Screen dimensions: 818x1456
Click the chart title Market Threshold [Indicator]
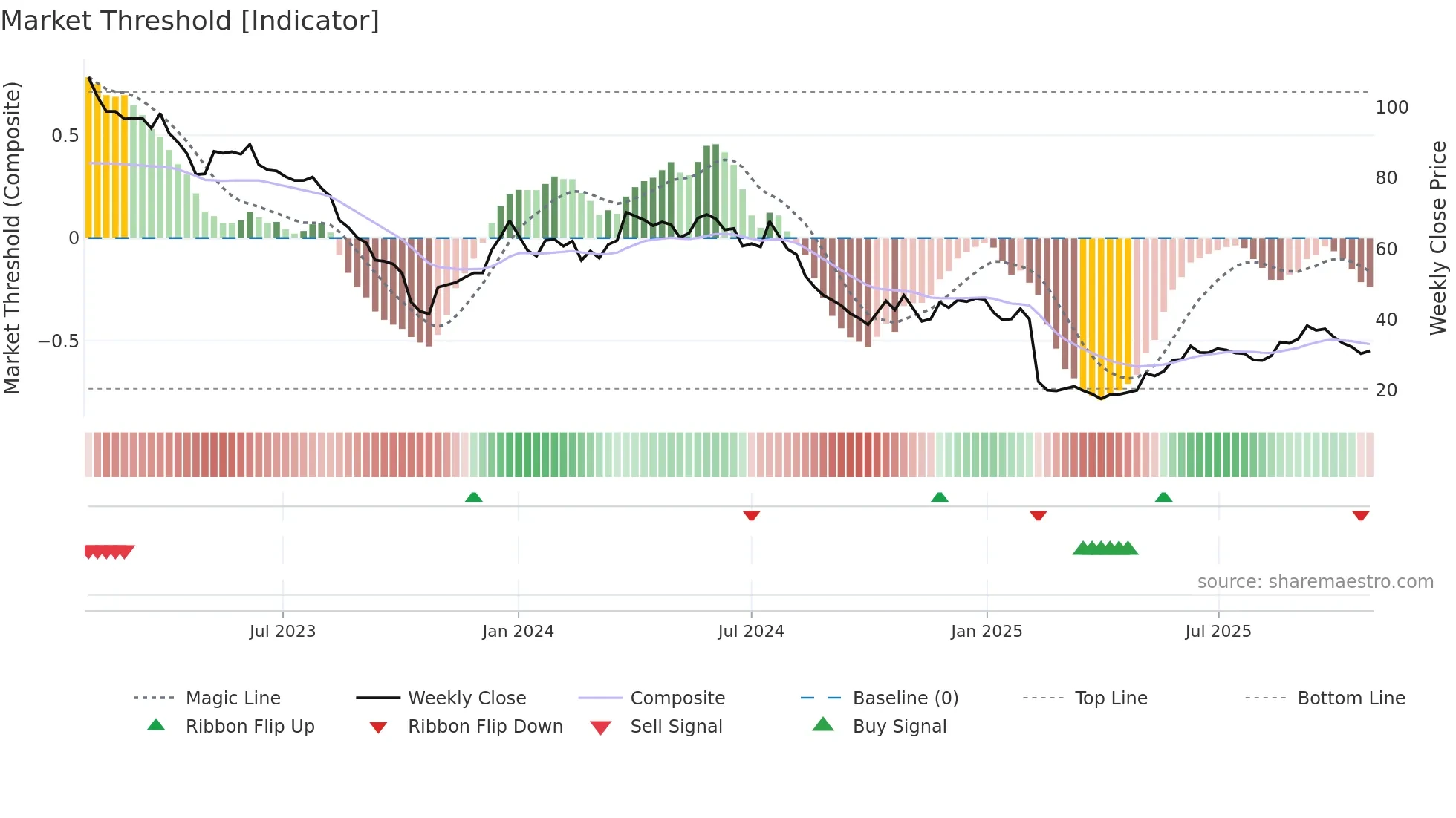point(190,21)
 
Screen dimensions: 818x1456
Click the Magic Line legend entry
point(233,698)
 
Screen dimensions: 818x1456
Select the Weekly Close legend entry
point(467,698)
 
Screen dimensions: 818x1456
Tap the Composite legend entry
point(677,698)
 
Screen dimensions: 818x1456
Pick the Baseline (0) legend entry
point(905,698)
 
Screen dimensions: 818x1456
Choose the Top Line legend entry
point(1111,698)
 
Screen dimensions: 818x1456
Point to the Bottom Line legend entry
point(1351,698)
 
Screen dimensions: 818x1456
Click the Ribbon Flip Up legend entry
point(250,726)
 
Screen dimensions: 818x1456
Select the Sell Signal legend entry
point(675,726)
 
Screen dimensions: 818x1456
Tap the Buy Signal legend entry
point(899,726)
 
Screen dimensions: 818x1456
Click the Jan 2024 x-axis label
point(518,631)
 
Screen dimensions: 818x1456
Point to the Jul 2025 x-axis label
point(1218,631)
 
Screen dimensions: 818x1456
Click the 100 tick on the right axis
point(1391,108)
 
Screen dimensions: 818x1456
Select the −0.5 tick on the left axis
point(58,341)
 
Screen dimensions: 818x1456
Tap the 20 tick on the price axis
point(1386,390)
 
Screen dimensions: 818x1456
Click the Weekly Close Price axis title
point(1438,238)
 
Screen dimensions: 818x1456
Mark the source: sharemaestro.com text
point(1315,581)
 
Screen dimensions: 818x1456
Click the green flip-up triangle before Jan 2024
point(473,497)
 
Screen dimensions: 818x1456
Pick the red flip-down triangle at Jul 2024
point(751,515)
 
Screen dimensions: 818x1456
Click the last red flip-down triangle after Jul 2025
point(1360,515)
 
